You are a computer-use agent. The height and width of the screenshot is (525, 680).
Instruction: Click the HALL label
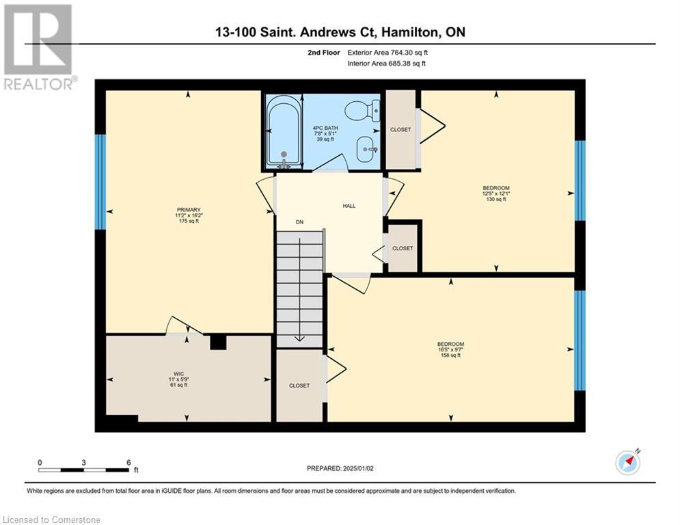coord(349,206)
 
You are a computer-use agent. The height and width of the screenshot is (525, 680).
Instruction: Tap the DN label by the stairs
coord(299,222)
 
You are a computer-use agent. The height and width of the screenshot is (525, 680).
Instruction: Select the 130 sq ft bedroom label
coord(496,193)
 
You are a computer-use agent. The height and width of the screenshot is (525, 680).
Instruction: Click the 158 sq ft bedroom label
coord(450,349)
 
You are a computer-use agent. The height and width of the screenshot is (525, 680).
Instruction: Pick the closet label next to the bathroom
coord(400,129)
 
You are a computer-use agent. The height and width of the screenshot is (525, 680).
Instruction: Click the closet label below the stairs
coord(299,386)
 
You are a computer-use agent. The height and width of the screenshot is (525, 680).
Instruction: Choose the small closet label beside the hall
coord(403,249)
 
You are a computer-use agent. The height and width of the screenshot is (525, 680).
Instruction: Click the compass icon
coord(627,462)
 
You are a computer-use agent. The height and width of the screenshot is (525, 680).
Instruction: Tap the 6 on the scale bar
coord(128,463)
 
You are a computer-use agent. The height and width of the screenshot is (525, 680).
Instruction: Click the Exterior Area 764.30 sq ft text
coord(387,52)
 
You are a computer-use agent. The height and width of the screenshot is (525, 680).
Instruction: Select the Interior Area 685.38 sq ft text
coord(386,64)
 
